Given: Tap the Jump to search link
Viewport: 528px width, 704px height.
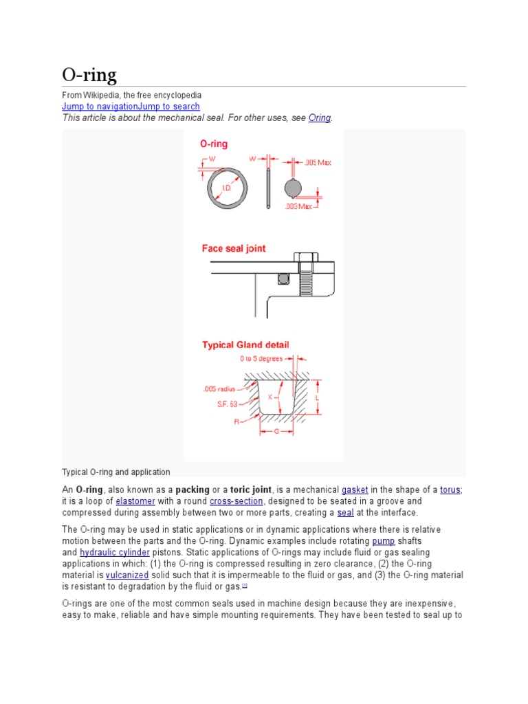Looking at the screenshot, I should click(169, 107).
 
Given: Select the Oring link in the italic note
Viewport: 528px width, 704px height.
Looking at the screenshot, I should click(320, 118).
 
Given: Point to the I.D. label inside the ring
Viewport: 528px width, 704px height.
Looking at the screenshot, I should click(226, 187).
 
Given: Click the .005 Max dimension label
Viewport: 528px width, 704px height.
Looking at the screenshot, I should click(318, 162).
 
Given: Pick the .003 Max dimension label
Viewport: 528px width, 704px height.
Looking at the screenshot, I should click(299, 206).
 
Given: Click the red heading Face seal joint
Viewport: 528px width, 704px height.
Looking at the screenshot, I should click(234, 248).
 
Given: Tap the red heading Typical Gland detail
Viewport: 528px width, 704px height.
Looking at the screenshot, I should click(245, 344).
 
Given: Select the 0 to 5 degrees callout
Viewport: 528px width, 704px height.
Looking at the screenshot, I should click(262, 359).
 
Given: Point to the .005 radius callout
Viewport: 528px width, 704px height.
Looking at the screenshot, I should click(219, 388).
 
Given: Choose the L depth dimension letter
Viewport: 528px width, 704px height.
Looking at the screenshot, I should click(317, 398).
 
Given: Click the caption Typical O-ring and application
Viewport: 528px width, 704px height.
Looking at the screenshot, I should click(116, 472).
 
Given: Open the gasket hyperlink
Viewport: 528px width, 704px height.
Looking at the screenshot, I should click(355, 489).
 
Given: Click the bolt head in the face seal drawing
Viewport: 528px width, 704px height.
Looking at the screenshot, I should click(306, 258).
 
